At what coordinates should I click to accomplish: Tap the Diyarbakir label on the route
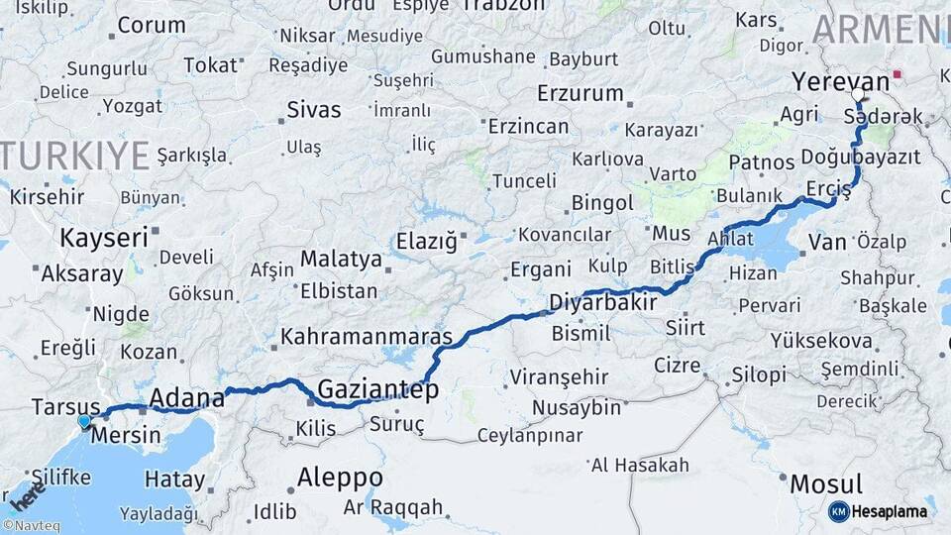pos(602,301)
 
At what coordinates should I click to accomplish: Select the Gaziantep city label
pos(377,389)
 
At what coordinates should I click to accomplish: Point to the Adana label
pos(186,399)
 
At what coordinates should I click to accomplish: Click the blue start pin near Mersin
pos(84,421)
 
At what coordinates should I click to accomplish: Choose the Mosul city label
pos(825,484)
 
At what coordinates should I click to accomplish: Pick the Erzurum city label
pos(580,94)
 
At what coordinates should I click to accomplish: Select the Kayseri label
pos(103,238)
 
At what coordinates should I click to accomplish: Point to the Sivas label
pos(313,110)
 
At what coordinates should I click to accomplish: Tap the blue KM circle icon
pos(838,511)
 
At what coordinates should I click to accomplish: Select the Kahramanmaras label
pos(366,337)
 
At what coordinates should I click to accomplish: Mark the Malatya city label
pos(341,259)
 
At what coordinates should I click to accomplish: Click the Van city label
pos(827,242)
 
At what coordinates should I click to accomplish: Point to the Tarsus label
pos(65,407)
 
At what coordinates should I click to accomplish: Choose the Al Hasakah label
pos(640,465)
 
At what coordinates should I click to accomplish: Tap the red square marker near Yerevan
pos(898,73)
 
